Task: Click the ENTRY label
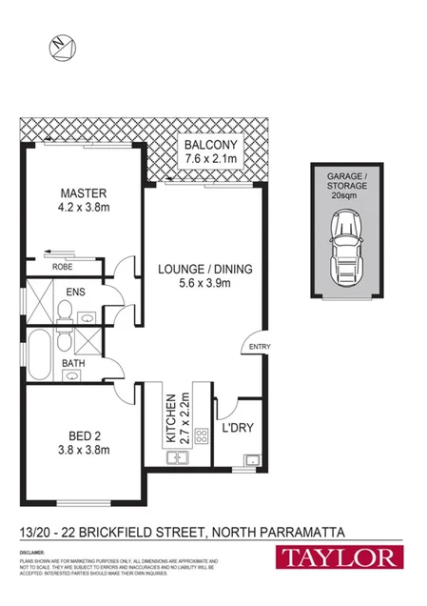pyautogui.click(x=260, y=347)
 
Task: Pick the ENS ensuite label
pyautogui.click(x=73, y=293)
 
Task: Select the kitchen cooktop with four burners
pyautogui.click(x=202, y=437)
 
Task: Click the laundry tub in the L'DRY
pyautogui.click(x=251, y=462)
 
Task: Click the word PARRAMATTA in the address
pyautogui.click(x=300, y=530)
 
